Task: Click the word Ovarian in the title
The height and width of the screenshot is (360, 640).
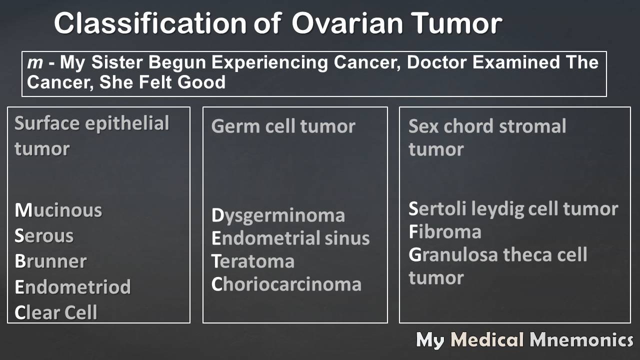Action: [347, 23]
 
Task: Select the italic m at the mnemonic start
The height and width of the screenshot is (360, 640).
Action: [35, 63]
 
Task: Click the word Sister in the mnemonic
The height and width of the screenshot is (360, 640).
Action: [117, 62]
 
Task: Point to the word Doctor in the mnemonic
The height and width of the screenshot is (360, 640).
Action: [437, 62]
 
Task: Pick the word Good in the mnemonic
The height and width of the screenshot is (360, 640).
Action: [201, 82]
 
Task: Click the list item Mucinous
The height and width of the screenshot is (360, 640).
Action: [58, 210]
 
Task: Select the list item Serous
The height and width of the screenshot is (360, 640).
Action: [44, 235]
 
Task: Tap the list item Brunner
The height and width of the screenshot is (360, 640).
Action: [50, 261]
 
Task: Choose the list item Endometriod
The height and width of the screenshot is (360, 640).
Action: [72, 286]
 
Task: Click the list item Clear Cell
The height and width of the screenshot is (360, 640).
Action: [56, 312]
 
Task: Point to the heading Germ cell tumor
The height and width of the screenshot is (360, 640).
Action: [283, 126]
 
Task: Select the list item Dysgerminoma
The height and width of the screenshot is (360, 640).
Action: [278, 216]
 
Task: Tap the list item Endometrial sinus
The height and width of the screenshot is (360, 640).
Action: [290, 238]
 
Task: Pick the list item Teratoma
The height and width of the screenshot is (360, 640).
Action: [253, 261]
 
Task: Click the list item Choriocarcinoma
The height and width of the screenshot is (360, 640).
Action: [286, 284]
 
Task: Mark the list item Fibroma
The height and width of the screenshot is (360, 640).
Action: [445, 231]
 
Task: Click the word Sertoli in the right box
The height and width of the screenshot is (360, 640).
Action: [437, 208]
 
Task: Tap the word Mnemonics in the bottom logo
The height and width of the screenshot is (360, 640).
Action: [581, 339]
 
